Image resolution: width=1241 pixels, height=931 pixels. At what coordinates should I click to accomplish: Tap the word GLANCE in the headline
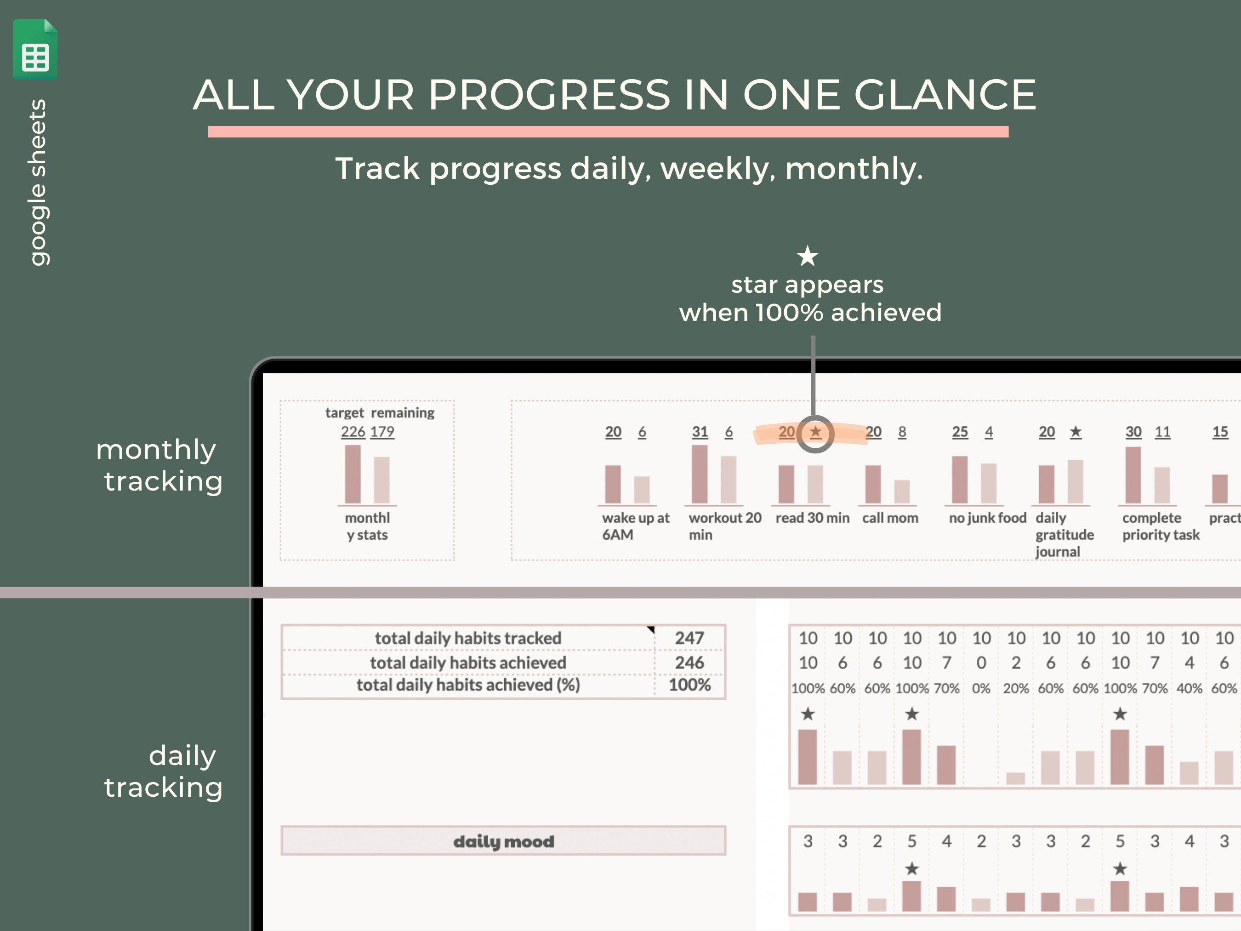point(945,94)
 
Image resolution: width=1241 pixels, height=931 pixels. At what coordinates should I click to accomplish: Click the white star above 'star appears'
point(807,257)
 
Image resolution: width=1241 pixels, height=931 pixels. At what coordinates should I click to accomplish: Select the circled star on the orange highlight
point(815,432)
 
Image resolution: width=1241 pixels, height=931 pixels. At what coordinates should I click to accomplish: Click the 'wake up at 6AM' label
point(635,526)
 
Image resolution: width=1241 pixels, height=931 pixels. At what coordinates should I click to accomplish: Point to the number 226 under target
point(353,432)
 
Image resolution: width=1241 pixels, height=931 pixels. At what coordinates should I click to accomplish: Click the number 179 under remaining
point(382,432)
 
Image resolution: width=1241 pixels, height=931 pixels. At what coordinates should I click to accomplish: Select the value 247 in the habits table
point(689,638)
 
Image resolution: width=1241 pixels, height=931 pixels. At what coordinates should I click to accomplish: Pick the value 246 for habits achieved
point(689,663)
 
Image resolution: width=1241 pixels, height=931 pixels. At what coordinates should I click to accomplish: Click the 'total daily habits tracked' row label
point(468,638)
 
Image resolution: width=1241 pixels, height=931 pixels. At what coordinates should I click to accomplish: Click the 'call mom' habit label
point(890,518)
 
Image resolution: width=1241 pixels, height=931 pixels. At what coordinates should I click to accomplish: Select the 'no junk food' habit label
point(987,518)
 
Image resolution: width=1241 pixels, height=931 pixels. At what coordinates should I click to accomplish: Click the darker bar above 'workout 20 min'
point(700,474)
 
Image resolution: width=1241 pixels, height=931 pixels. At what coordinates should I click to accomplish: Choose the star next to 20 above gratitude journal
point(1076,432)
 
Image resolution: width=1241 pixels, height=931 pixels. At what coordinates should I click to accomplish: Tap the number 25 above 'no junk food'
point(960,432)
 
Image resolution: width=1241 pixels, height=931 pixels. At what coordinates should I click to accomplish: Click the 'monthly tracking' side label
point(160,465)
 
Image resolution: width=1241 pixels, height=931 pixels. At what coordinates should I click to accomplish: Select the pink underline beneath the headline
point(608,132)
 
